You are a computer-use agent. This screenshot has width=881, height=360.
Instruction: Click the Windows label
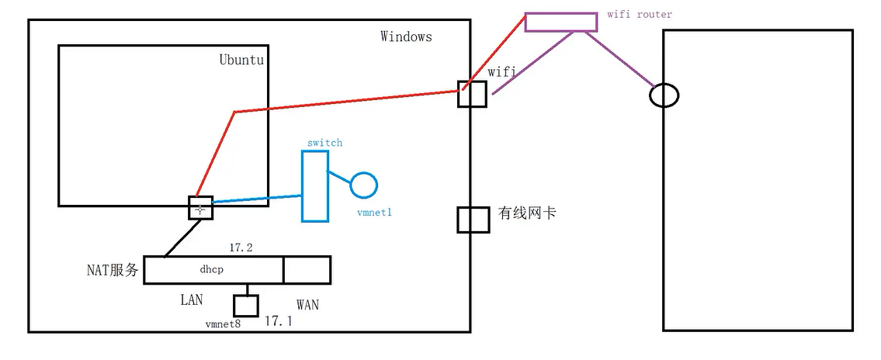(x=406, y=36)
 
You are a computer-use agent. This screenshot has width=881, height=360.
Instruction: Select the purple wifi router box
(x=561, y=22)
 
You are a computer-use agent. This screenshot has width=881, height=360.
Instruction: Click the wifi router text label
(x=640, y=14)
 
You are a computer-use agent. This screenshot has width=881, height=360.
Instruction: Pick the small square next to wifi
(x=472, y=93)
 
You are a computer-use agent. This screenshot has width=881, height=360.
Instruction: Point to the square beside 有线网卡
(x=472, y=220)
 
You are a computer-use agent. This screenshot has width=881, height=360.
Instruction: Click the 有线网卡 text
(x=526, y=213)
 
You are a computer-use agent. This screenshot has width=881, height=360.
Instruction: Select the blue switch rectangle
(x=314, y=185)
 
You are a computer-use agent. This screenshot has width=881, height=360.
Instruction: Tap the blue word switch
(x=324, y=143)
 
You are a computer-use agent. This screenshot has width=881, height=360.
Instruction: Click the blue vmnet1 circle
(x=363, y=185)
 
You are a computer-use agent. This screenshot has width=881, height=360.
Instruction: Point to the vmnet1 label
(x=374, y=212)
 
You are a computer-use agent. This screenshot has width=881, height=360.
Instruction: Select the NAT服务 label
(x=113, y=270)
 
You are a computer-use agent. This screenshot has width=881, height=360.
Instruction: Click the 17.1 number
(x=278, y=320)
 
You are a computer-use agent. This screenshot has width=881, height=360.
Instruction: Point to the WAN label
(x=307, y=305)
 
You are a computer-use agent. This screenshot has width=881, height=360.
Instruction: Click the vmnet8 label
(x=223, y=324)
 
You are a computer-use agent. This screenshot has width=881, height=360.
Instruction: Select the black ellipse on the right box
(x=664, y=95)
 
